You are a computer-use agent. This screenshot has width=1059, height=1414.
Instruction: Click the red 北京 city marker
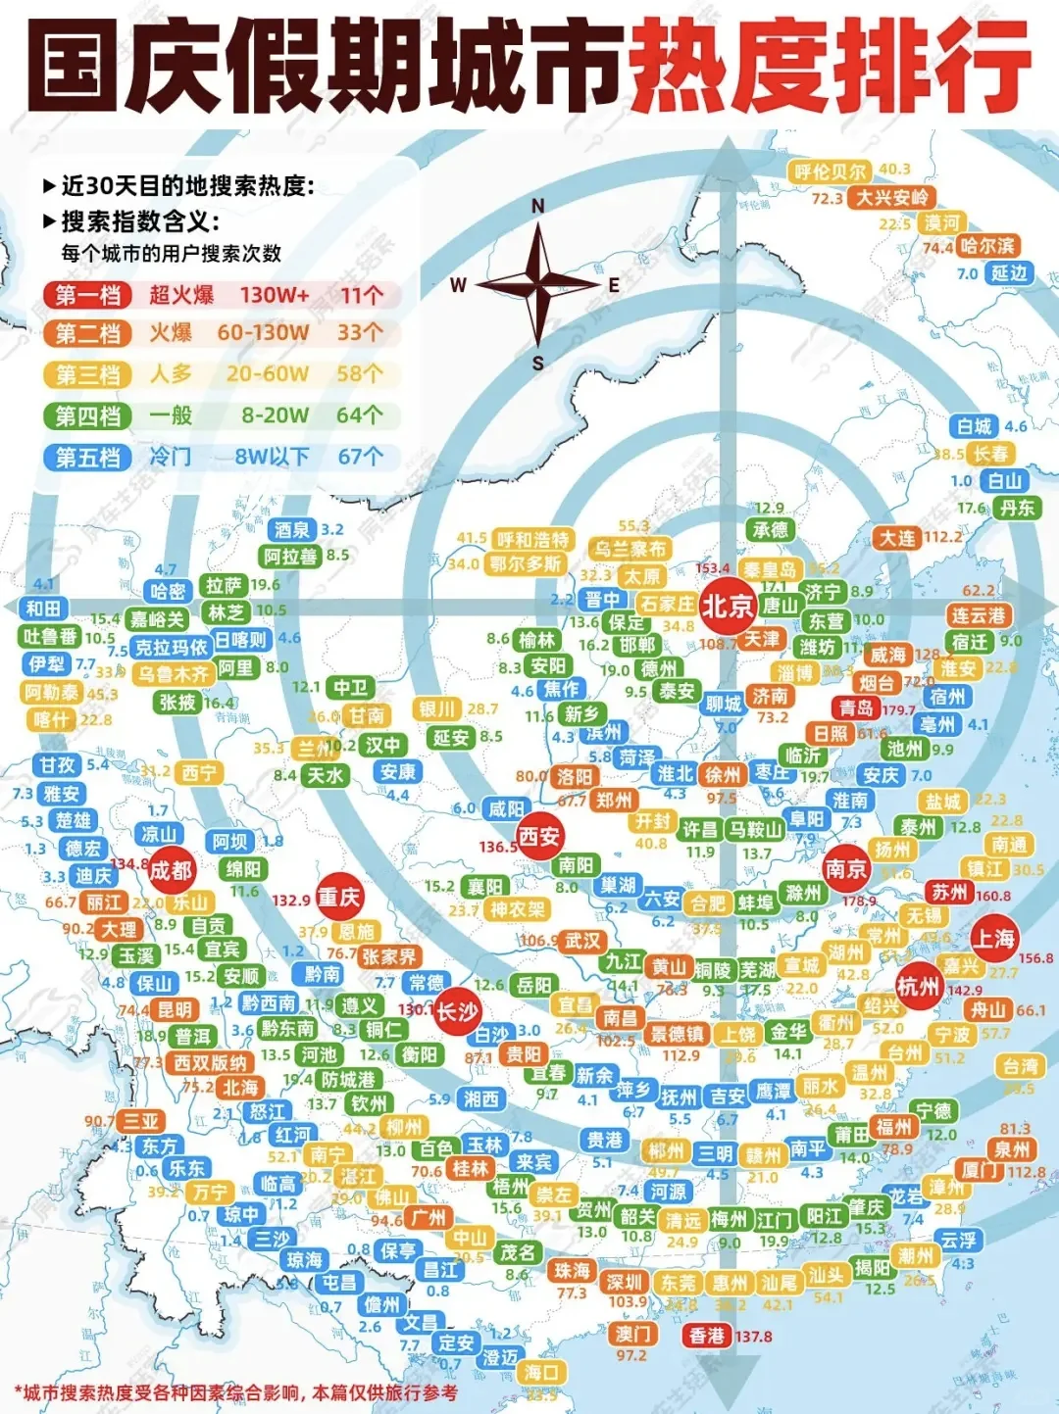pyautogui.click(x=727, y=606)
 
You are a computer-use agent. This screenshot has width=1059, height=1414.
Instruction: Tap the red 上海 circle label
pyautogui.click(x=993, y=939)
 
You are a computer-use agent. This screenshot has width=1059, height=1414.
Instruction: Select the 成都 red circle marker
pyautogui.click(x=171, y=869)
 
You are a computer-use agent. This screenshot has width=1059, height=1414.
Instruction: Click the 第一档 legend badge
pyautogui.click(x=87, y=295)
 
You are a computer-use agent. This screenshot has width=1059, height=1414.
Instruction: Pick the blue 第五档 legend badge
pyautogui.click(x=87, y=458)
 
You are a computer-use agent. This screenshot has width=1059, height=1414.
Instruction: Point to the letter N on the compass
pyautogui.click(x=537, y=206)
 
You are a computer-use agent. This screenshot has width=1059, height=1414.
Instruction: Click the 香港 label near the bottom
pyautogui.click(x=706, y=1336)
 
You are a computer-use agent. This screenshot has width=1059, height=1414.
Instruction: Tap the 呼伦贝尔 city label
pyautogui.click(x=830, y=171)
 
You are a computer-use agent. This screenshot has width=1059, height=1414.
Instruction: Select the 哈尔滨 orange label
pyautogui.click(x=987, y=246)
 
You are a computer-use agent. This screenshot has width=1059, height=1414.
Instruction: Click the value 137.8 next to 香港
pyautogui.click(x=754, y=1337)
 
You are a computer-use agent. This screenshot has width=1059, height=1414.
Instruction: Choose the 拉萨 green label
pyautogui.click(x=224, y=585)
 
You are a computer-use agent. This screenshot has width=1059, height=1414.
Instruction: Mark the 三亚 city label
pyautogui.click(x=140, y=1121)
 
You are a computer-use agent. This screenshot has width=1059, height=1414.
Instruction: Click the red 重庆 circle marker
pyautogui.click(x=339, y=898)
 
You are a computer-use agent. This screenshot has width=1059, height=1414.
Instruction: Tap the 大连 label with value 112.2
pyautogui.click(x=897, y=537)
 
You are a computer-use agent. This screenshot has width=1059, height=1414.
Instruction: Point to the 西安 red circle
pyautogui.click(x=539, y=836)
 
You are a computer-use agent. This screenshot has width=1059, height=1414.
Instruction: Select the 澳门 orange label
pyautogui.click(x=632, y=1334)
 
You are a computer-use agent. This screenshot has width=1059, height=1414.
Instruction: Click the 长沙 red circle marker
pyautogui.click(x=456, y=1011)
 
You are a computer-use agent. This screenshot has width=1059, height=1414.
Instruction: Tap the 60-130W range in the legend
pyautogui.click(x=263, y=333)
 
